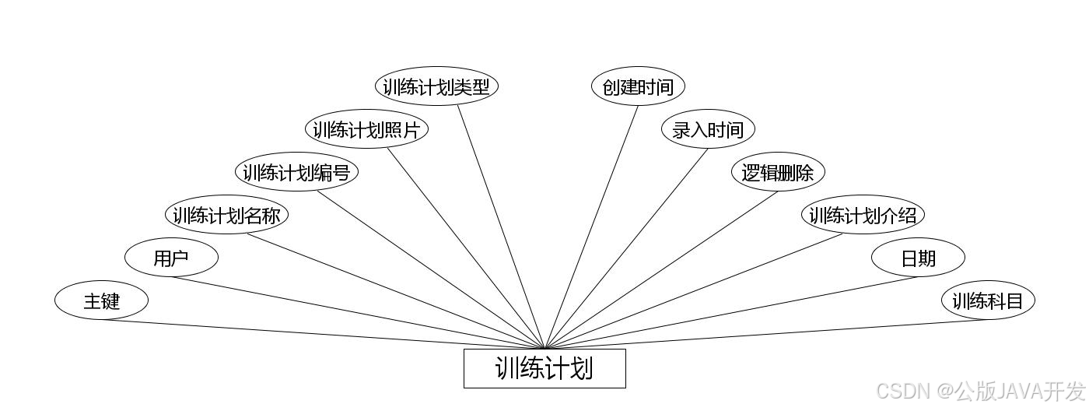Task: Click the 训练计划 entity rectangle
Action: click(x=544, y=368)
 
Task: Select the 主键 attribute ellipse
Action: click(x=101, y=300)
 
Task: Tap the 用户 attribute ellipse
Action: click(x=171, y=258)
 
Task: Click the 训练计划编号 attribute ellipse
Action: click(x=296, y=173)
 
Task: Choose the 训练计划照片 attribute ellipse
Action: click(x=366, y=130)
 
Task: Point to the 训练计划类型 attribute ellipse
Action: click(x=436, y=86)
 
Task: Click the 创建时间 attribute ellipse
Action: click(x=638, y=86)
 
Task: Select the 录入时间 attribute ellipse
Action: click(x=708, y=130)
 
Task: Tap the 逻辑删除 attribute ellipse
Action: click(x=778, y=173)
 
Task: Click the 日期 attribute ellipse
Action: click(x=918, y=258)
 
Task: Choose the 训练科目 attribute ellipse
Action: click(x=988, y=300)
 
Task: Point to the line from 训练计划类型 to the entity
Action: click(x=501, y=226)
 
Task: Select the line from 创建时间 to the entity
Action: click(x=592, y=226)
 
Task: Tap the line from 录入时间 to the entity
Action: click(x=626, y=248)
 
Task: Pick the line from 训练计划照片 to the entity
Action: click(x=467, y=248)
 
